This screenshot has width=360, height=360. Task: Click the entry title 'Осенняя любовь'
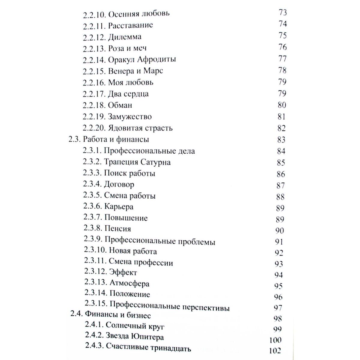click(139, 14)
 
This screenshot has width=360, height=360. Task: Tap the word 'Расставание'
click(130, 25)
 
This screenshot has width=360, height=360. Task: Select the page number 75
click(283, 35)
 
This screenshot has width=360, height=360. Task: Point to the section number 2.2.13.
click(94, 48)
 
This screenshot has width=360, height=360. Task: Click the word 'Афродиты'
click(156, 59)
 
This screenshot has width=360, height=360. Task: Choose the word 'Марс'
click(153, 71)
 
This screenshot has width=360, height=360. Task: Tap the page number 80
click(282, 105)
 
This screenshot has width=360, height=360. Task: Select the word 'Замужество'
click(130, 117)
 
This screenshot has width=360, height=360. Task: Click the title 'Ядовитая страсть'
click(140, 128)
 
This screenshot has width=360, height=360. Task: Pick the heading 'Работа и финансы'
click(116, 139)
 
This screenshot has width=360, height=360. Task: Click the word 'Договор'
click(119, 184)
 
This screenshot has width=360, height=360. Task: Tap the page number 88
click(280, 197)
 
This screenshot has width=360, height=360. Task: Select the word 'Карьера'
click(119, 207)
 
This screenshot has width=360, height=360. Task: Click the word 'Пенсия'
click(118, 229)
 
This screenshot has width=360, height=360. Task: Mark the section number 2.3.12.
click(95, 272)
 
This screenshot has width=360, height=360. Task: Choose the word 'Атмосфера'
click(129, 283)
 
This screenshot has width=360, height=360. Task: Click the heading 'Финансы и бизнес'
click(118, 315)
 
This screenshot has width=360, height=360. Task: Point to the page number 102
click(275, 350)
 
